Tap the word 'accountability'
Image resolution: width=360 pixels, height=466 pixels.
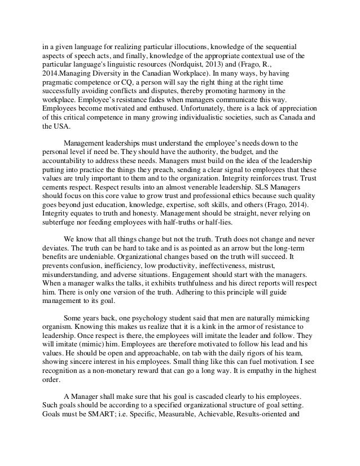tap(68, 161)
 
